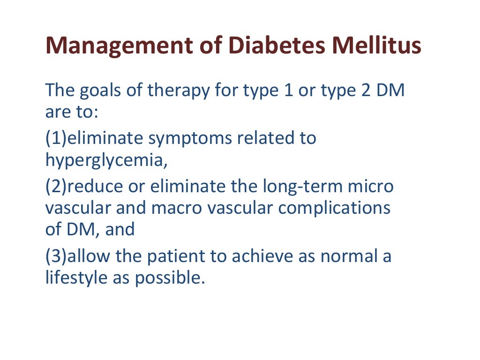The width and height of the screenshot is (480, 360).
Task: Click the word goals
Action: (x=108, y=90)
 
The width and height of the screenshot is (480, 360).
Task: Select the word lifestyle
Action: (x=75, y=278)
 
